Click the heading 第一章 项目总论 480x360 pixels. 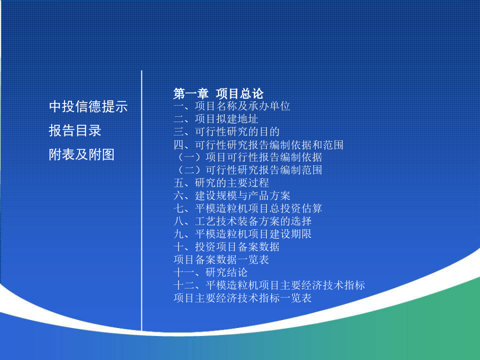pyautogui.click(x=218, y=93)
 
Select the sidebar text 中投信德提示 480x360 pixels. pyautogui.click(x=88, y=107)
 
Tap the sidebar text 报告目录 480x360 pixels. pyautogui.click(x=75, y=131)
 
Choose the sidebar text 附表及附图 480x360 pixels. pyautogui.click(x=82, y=154)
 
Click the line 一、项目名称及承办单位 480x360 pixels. pyautogui.click(x=232, y=106)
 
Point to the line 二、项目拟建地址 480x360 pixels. pyautogui.click(x=216, y=119)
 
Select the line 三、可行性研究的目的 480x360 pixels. pyautogui.click(x=227, y=132)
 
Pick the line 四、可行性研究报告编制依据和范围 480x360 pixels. pyautogui.click(x=258, y=145)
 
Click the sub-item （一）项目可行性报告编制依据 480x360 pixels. pyautogui.click(x=249, y=157)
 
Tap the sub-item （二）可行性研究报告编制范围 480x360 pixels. pyautogui.click(x=249, y=170)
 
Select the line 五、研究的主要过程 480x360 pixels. pyautogui.click(x=221, y=183)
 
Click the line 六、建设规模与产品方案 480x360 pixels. pyautogui.click(x=232, y=196)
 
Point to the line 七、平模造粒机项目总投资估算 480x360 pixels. pyautogui.click(x=247, y=209)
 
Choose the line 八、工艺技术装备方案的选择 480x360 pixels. pyautogui.click(x=243, y=221)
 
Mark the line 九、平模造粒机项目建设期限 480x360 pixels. pyautogui.click(x=243, y=234)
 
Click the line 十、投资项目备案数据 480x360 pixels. pyautogui.click(x=227, y=247)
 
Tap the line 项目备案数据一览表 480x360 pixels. pyautogui.click(x=221, y=260)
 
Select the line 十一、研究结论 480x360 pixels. pyautogui.click(x=211, y=272)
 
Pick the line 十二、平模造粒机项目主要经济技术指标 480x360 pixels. pyautogui.click(x=269, y=285)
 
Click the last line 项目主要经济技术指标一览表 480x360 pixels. pyautogui.click(x=243, y=298)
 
